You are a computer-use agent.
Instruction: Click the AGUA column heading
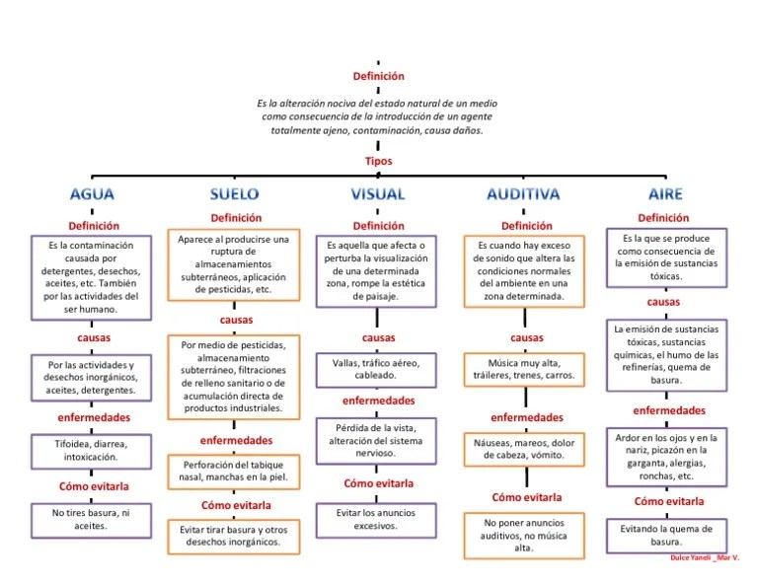(92, 193)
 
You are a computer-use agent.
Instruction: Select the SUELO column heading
(235, 193)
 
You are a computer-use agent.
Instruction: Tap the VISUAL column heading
(378, 193)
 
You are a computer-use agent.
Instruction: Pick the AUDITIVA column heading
(523, 193)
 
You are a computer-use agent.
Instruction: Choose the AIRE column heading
(665, 193)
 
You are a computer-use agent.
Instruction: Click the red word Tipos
(378, 161)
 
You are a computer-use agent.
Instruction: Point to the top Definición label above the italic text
(378, 76)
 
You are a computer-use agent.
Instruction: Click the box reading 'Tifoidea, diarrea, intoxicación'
(92, 451)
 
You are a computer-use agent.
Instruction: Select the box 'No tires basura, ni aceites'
(92, 519)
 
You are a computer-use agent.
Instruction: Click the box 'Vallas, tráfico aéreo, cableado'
(378, 369)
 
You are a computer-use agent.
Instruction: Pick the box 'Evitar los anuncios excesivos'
(378, 520)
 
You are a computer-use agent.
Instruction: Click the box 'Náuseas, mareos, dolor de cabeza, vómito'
(525, 449)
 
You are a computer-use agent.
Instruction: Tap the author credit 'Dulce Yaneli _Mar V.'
(703, 558)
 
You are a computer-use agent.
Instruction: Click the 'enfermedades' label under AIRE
(669, 410)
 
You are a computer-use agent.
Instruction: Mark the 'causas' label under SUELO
(236, 320)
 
